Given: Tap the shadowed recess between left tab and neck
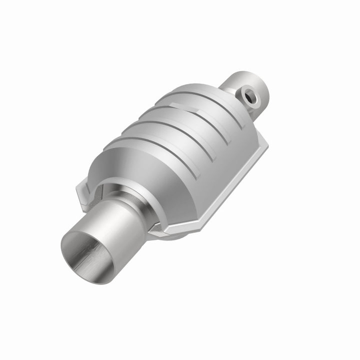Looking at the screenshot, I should (100, 192).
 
